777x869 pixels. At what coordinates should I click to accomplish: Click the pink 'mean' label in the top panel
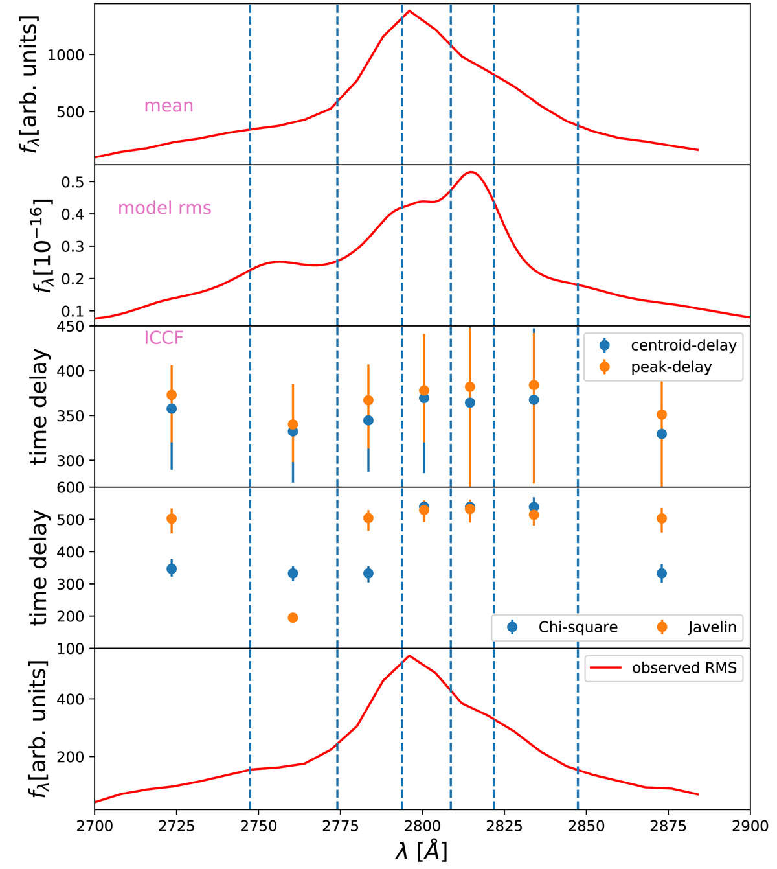click(168, 106)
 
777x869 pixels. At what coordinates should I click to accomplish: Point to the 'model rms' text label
click(164, 208)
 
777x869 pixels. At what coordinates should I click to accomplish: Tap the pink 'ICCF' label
click(164, 338)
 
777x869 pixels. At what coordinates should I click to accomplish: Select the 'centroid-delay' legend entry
click(683, 345)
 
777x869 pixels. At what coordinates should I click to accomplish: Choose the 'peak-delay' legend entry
click(671, 367)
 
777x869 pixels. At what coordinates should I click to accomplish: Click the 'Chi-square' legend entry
click(578, 627)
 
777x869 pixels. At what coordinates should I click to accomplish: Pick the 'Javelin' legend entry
click(712, 627)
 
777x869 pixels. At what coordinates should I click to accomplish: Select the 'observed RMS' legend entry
click(684, 668)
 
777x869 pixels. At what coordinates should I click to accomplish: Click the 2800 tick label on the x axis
click(422, 828)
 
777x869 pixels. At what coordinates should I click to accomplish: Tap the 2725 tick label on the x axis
click(176, 828)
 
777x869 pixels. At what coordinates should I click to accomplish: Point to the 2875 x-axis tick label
click(668, 828)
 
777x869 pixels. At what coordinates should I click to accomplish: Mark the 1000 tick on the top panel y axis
click(66, 55)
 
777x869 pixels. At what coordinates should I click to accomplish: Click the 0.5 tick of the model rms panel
click(73, 181)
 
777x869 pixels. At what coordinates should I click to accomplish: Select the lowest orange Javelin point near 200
click(293, 618)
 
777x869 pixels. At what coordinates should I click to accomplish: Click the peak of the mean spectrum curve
click(409, 10)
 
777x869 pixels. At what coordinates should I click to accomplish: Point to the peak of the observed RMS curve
click(409, 655)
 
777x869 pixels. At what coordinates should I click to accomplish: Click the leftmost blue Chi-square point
click(172, 569)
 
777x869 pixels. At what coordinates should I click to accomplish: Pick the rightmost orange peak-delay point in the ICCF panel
click(662, 415)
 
